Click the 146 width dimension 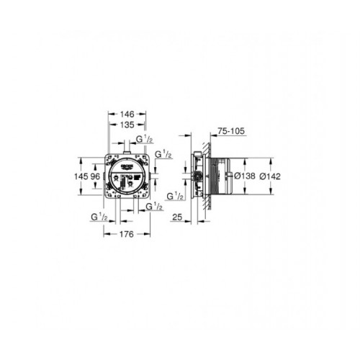[127, 114]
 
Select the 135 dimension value [127, 124]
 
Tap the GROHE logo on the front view [127, 166]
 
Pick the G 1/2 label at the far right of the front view [163, 154]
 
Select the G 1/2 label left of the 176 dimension [99, 216]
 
